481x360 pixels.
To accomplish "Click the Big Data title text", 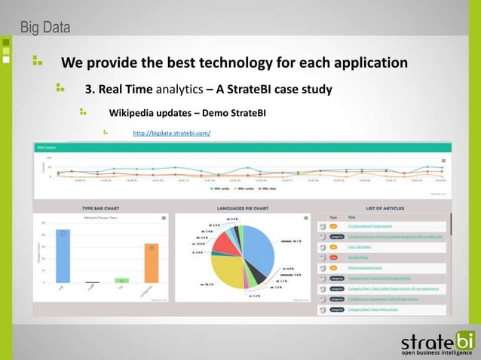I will click(44, 29).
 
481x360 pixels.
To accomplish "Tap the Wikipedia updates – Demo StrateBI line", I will click(187, 113).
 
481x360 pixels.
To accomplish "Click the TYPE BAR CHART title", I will click(103, 208).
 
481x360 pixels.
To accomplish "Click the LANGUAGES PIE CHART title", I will click(245, 208).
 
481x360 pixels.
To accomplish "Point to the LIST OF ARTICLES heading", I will click(384, 208).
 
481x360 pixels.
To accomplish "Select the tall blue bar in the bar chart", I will click(63, 256).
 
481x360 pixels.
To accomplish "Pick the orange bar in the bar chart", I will click(152, 263).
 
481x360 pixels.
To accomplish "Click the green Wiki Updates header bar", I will click(241, 148).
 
